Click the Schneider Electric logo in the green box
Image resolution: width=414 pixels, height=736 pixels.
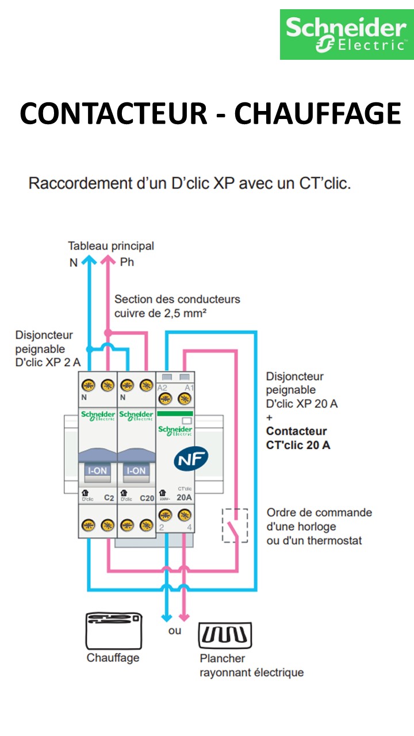(x=346, y=34)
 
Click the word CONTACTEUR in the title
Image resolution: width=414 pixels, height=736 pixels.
(x=113, y=113)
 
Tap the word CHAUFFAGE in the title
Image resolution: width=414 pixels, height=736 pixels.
(x=317, y=113)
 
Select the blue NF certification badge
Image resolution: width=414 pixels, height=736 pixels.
(x=191, y=457)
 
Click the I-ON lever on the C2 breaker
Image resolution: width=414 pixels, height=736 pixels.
(x=97, y=470)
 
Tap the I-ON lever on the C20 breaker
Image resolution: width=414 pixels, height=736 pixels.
(x=136, y=470)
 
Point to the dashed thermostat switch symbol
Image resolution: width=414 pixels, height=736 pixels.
(x=235, y=525)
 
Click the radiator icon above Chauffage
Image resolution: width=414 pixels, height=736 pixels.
(x=113, y=630)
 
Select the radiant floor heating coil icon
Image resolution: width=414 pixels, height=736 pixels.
(x=225, y=635)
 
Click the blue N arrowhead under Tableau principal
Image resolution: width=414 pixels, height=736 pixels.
(x=89, y=262)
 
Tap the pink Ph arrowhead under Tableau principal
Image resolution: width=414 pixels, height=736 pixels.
(x=108, y=262)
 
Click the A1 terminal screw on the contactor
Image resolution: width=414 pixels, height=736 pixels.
(x=185, y=401)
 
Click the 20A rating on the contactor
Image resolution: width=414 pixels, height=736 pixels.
(x=184, y=498)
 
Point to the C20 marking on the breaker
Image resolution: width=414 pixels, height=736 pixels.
(x=147, y=498)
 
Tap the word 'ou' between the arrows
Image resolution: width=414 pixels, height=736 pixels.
(x=175, y=631)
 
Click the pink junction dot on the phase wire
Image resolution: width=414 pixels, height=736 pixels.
(x=108, y=333)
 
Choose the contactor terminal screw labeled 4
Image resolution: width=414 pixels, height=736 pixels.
(x=185, y=515)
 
